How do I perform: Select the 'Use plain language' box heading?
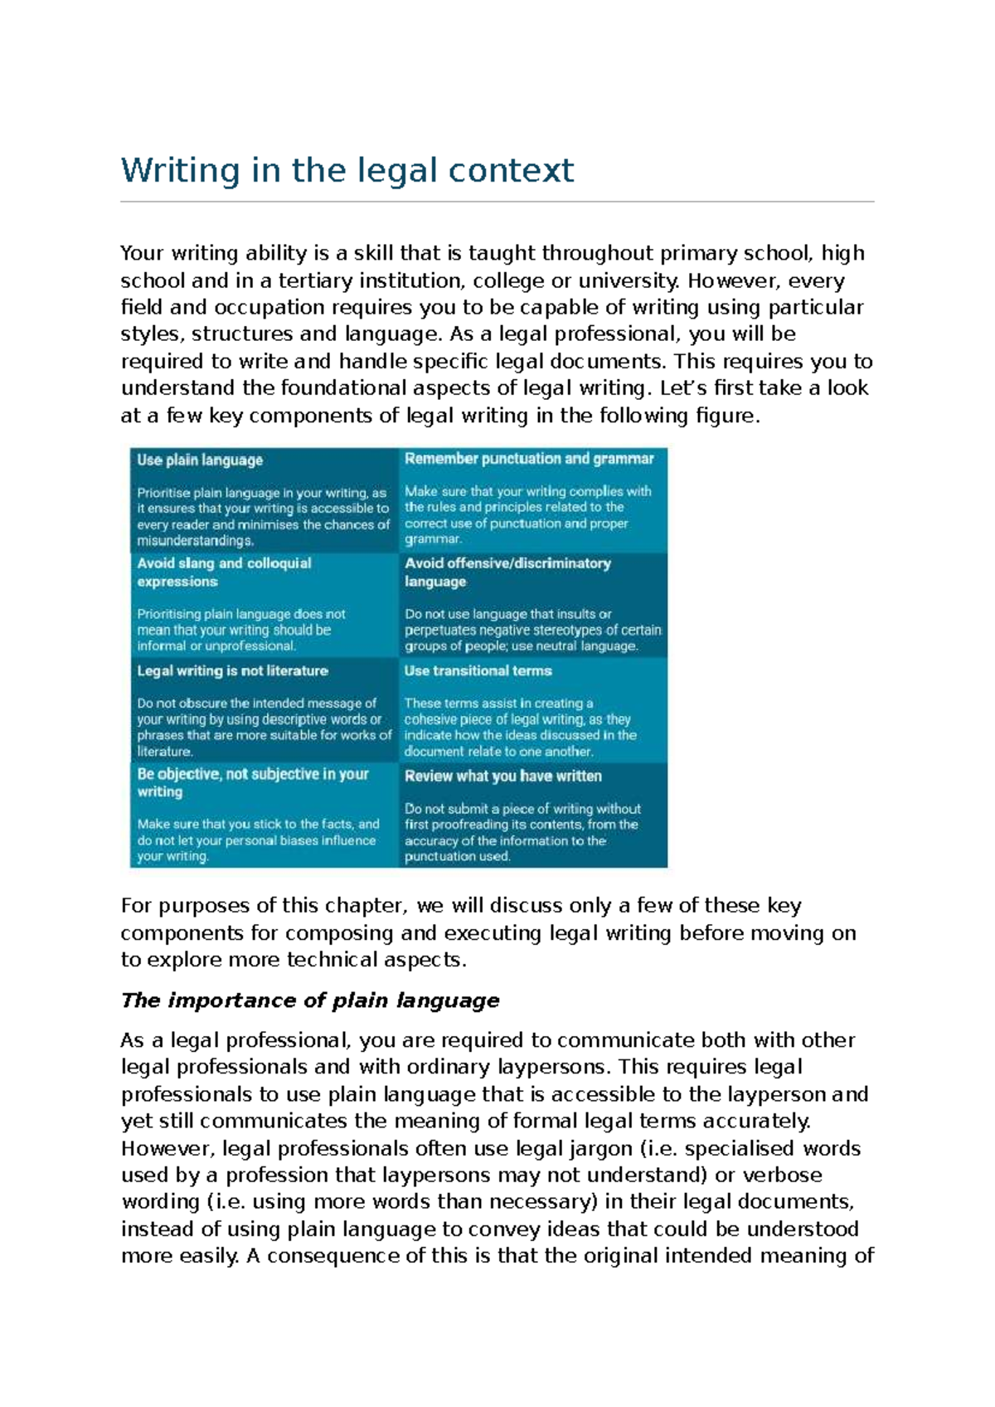[200, 460]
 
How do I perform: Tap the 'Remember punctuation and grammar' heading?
[528, 459]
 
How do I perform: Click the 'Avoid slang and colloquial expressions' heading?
[224, 572]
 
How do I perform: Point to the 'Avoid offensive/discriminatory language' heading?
[507, 572]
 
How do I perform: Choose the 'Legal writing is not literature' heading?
[232, 670]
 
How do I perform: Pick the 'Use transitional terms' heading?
[478, 670]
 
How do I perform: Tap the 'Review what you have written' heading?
[502, 777]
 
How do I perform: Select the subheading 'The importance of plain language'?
[310, 1000]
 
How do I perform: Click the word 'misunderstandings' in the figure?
[195, 541]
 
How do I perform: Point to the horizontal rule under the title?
[497, 202]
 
